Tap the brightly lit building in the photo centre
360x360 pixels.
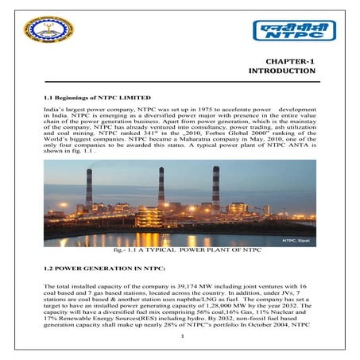click(149, 216)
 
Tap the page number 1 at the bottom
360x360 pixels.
click(182, 343)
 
